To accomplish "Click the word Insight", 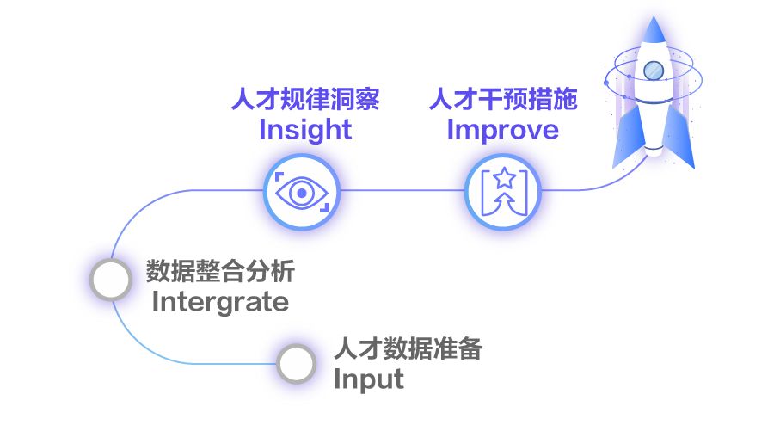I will [x=305, y=130].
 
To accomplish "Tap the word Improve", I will [x=503, y=130].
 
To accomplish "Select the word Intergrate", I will [x=220, y=302].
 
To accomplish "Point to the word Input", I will [x=369, y=379].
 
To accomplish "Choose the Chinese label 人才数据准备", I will [x=408, y=350].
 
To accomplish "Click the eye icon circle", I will [x=301, y=191].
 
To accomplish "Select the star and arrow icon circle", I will [x=502, y=191].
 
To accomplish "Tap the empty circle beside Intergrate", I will [x=111, y=279].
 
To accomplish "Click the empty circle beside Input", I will [x=297, y=363].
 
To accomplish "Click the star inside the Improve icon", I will [x=502, y=179].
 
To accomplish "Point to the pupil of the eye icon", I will [x=301, y=191].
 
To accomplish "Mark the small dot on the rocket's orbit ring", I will [x=607, y=82].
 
